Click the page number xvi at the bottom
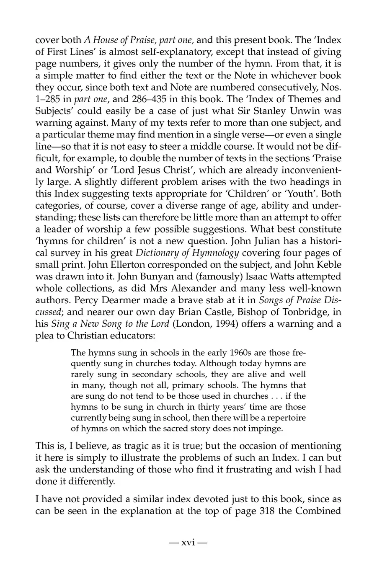click(188, 542)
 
